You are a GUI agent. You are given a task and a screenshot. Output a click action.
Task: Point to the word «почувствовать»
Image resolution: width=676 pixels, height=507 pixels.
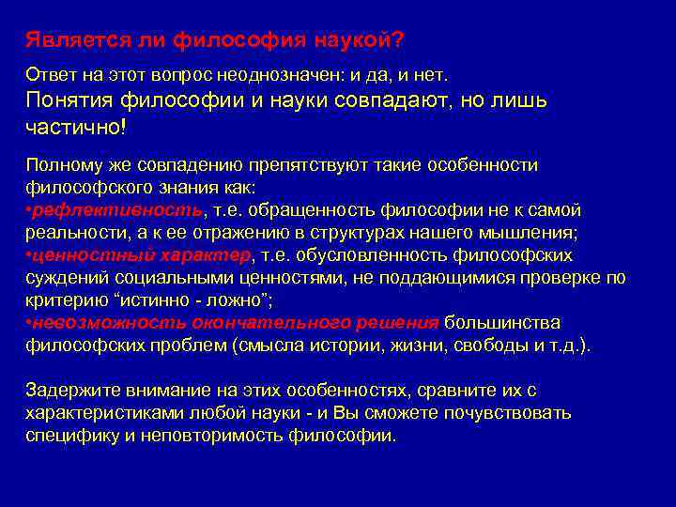[517, 413]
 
